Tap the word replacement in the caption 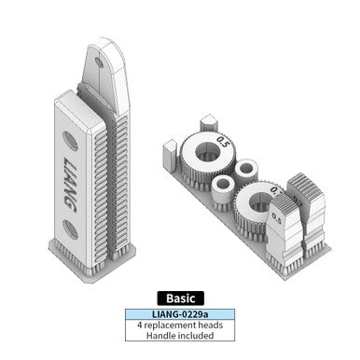(x=175, y=325)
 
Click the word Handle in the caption (x=158, y=337)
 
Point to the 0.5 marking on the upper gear (x=222, y=140)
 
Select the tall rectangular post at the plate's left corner (x=169, y=150)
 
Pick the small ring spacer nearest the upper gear (x=246, y=171)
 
